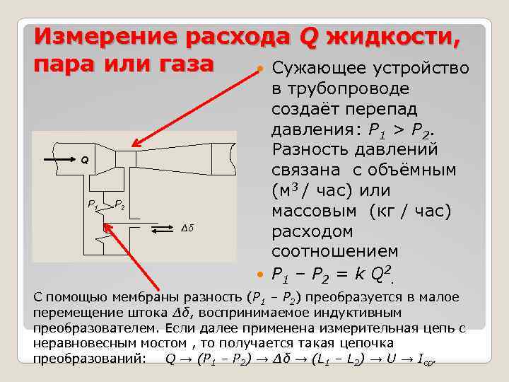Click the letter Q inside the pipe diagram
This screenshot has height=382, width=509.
[83, 160]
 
